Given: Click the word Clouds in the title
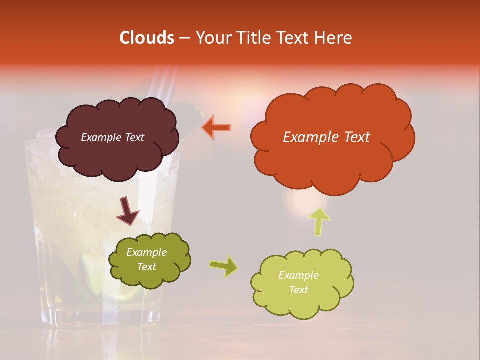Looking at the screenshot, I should point(146,38).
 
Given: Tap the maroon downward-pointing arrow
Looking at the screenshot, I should point(127,211).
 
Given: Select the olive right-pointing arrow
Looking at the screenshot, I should point(224,266).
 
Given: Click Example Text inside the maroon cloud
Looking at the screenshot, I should point(112,137).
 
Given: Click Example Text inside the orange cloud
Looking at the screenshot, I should point(326,137).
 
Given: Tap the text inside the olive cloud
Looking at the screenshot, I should point(146,260).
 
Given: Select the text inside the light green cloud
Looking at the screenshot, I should point(298,282).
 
